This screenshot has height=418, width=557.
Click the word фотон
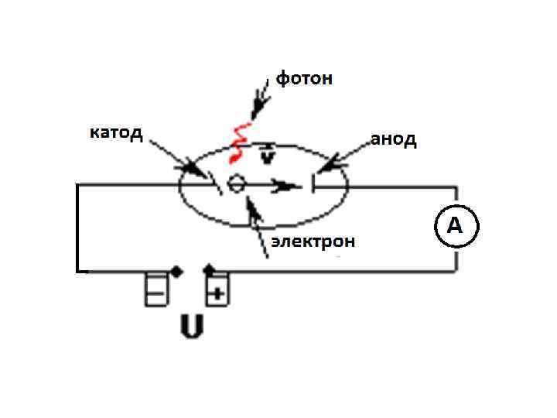click(x=305, y=78)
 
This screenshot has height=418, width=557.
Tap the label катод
click(x=115, y=132)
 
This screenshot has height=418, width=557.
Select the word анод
click(x=393, y=139)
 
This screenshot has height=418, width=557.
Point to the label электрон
click(x=313, y=242)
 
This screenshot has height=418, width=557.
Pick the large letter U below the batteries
click(x=191, y=326)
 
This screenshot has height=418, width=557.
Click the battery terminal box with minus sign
click(x=155, y=291)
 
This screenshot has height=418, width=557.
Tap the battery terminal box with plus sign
click(x=217, y=291)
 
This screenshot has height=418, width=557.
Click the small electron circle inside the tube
click(x=237, y=184)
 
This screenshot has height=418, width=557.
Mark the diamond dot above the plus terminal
click(x=209, y=269)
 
